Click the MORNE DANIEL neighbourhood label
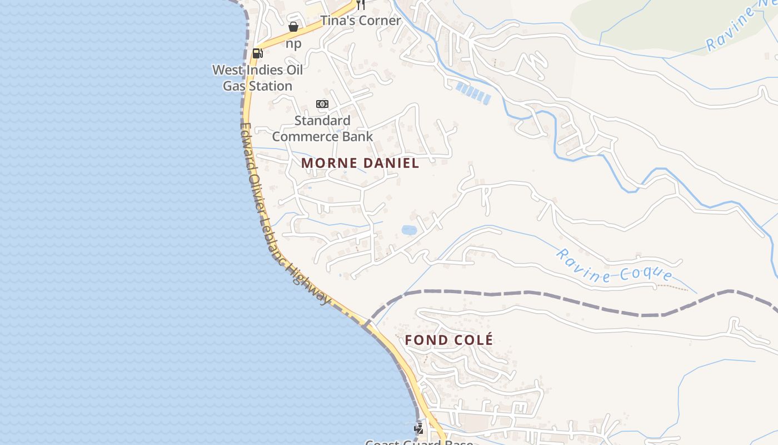pos(360,163)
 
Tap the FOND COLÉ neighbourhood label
pos(448,340)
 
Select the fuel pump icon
pos(257,53)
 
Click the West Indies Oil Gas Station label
pos(258,78)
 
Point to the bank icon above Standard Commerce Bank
pos(322,104)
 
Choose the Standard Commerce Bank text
pos(322,128)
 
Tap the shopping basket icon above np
pos(293,27)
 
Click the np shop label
pos(293,43)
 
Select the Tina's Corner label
pos(360,21)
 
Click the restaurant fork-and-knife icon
pos(361,4)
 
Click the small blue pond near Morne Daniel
pos(409,230)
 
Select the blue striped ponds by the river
pos(473,93)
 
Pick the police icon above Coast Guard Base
pos(419,429)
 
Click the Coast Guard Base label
pos(419,442)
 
